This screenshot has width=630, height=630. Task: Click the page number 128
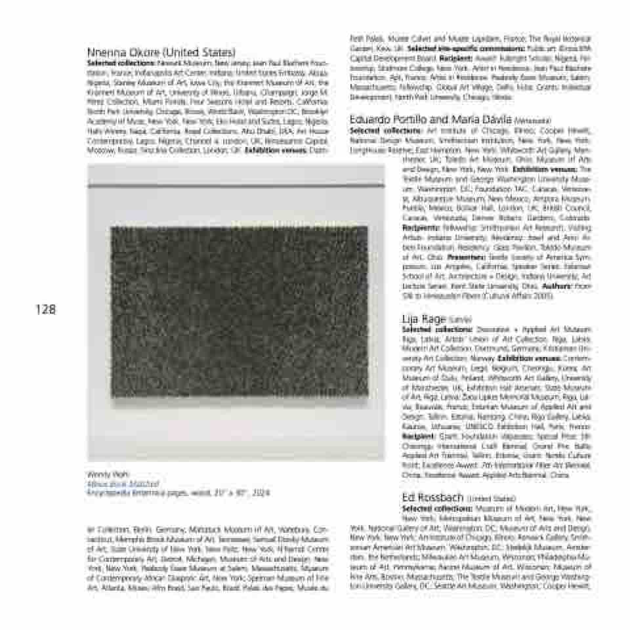click(45, 309)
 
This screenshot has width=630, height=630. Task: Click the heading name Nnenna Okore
click(125, 52)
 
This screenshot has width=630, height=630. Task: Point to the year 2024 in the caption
click(261, 492)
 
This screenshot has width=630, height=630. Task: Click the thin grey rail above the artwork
click(236, 188)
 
